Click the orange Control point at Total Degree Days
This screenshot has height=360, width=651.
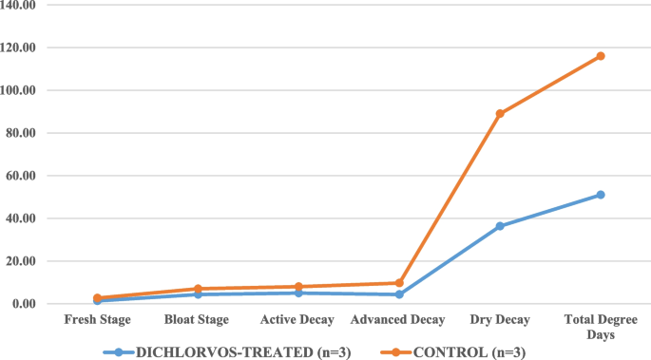tap(601, 56)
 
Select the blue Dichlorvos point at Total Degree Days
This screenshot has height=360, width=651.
tap(601, 195)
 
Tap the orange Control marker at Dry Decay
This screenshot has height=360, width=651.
tap(500, 113)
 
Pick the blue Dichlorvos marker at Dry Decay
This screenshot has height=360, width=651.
tap(500, 226)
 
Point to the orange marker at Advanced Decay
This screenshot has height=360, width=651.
tap(399, 283)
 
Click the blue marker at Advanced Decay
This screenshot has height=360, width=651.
tap(399, 294)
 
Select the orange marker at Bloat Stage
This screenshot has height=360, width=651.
tap(198, 289)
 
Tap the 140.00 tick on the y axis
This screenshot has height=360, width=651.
tap(19, 6)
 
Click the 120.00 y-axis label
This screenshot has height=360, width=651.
tap(19, 47)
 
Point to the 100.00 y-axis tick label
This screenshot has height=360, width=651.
tap(19, 90)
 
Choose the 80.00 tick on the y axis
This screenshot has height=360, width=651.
tap(22, 133)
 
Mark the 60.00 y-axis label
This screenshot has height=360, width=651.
tap(22, 176)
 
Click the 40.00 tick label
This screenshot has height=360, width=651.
tap(22, 218)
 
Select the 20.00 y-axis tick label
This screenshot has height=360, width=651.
tap(22, 261)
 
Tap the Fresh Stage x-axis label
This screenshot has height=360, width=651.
tap(97, 320)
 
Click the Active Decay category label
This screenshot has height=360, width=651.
tap(298, 320)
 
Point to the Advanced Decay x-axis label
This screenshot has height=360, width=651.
tap(399, 320)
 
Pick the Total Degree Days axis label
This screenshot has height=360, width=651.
tap(601, 327)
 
